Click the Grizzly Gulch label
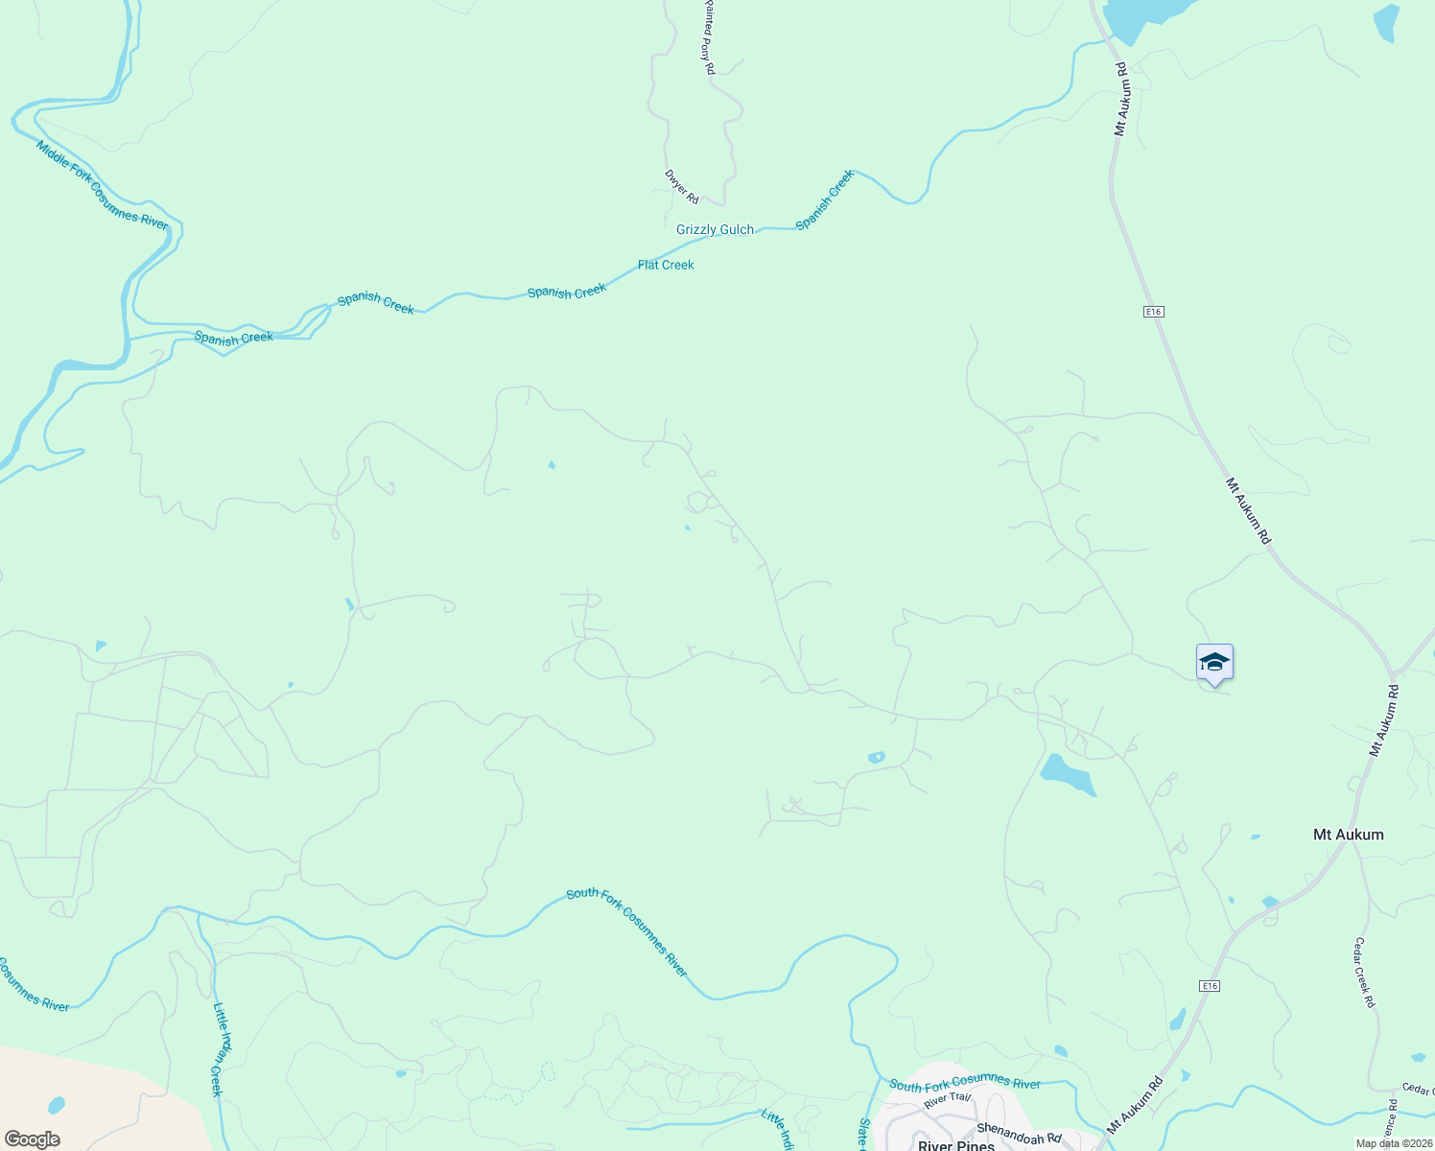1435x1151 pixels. (715, 229)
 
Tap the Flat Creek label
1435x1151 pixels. (666, 265)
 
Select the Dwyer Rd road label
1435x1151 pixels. (682, 186)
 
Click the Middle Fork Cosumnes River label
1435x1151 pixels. (102, 185)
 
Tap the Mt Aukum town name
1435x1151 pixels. (1348, 834)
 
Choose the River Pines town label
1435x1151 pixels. (955, 1145)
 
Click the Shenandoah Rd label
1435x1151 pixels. (1019, 1133)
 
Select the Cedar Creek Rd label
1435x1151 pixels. (1364, 973)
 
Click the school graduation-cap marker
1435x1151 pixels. (1214, 663)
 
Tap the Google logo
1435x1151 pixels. (32, 1139)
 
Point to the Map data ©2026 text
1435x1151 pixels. (1393, 1143)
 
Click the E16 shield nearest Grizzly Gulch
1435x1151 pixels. (1153, 312)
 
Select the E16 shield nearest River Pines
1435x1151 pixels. (1209, 986)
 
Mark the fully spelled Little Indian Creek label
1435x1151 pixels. (219, 1050)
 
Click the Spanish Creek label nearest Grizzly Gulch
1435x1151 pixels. (824, 200)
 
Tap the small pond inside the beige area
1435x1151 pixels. (57, 1104)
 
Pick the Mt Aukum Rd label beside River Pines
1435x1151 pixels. (1135, 1103)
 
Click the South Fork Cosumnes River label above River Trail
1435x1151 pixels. (964, 1085)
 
